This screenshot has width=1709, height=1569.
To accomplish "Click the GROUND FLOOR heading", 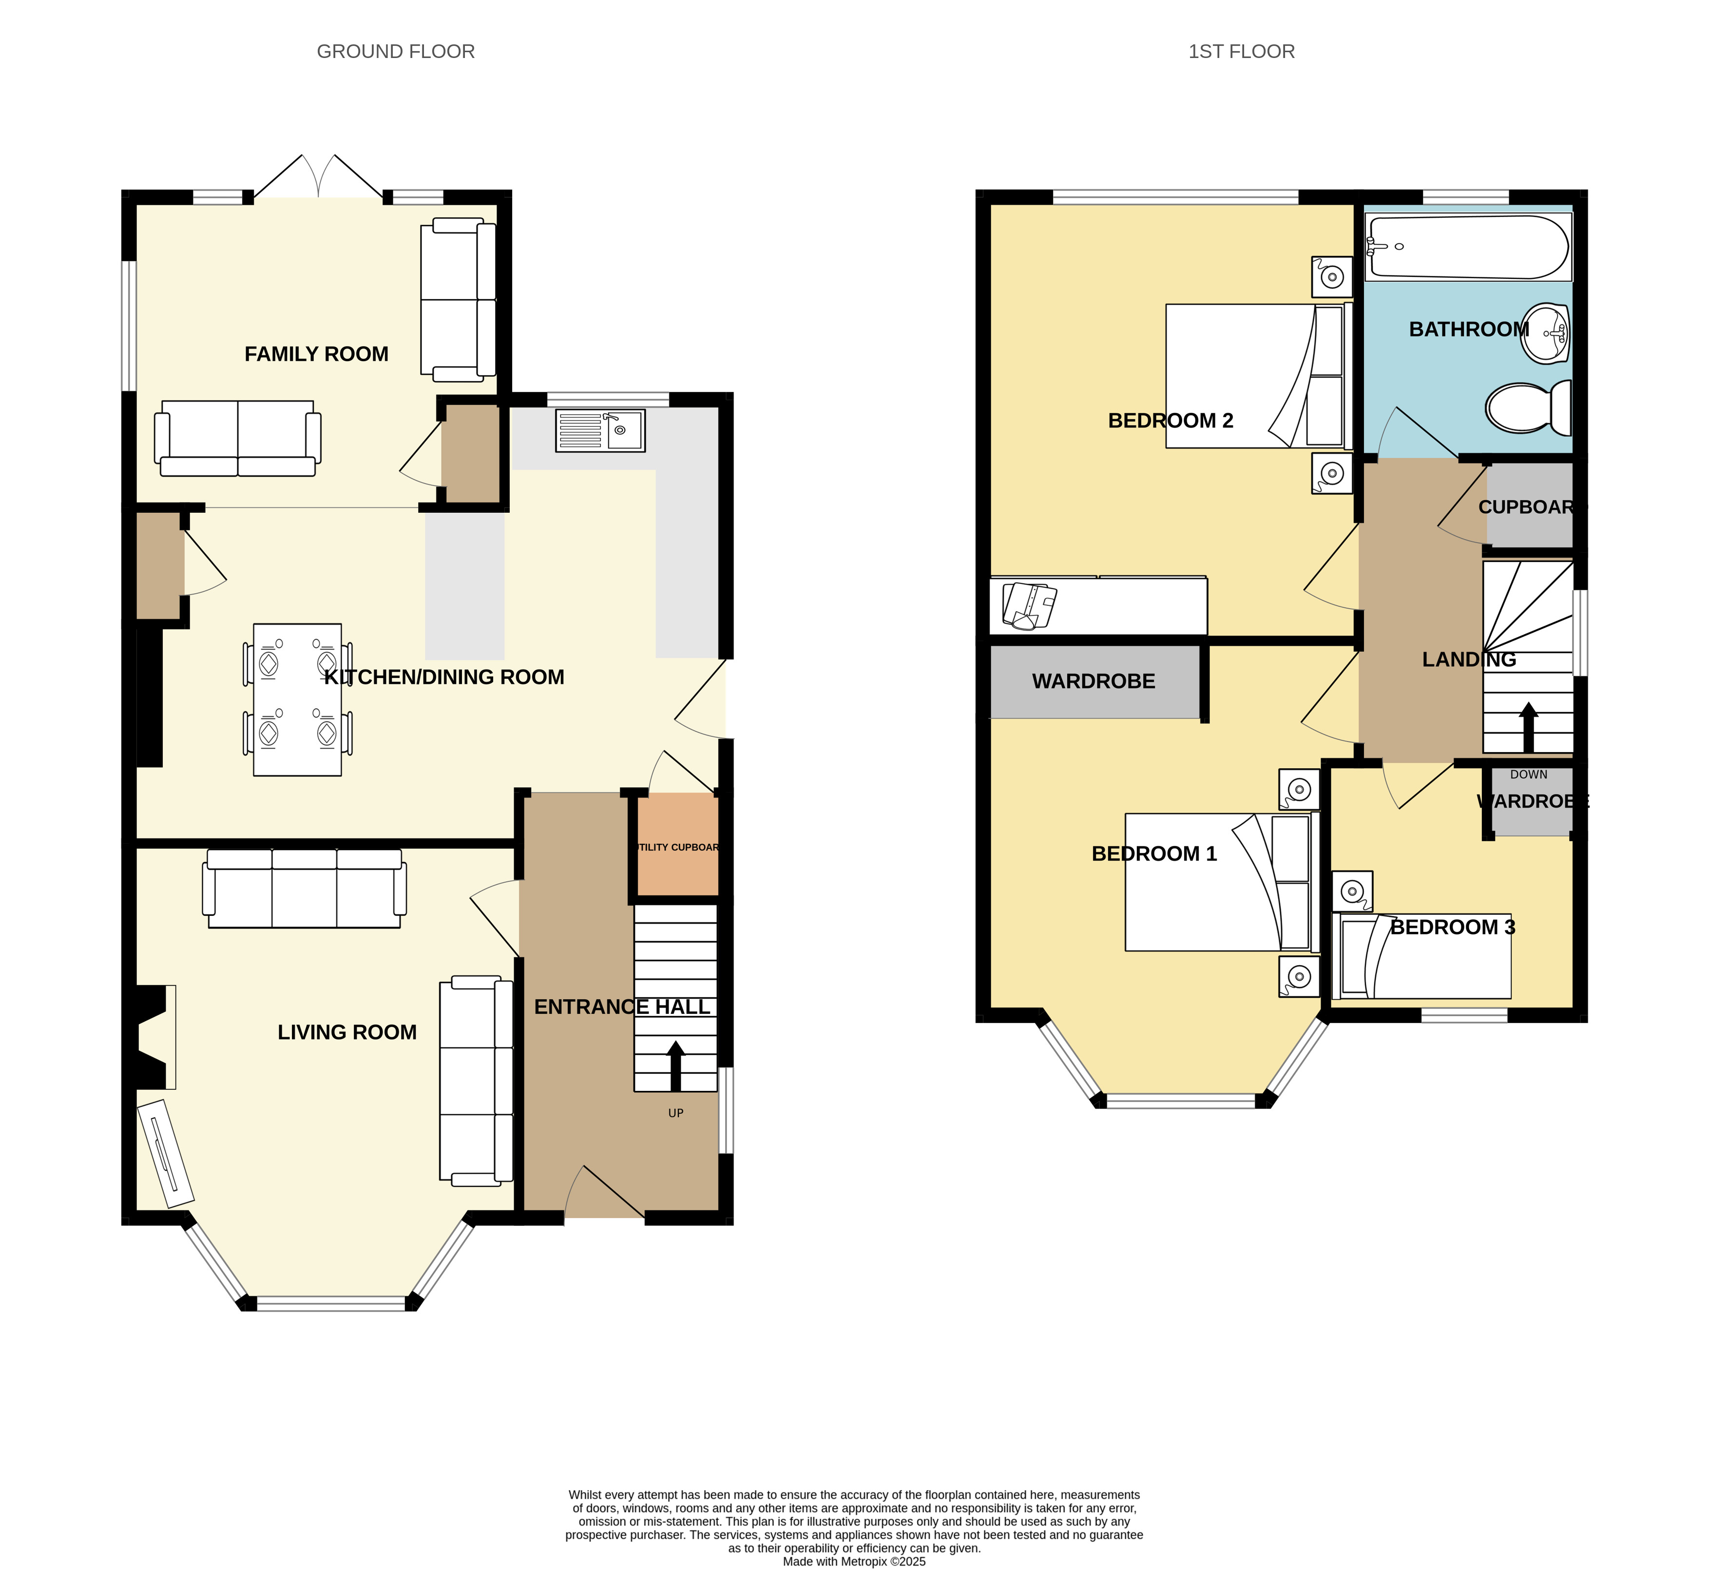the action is [x=396, y=52].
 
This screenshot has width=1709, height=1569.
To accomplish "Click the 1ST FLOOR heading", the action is [x=1241, y=52].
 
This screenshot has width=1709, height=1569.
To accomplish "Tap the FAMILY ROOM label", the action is [x=317, y=354].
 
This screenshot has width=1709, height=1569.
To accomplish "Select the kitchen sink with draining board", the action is [x=600, y=430].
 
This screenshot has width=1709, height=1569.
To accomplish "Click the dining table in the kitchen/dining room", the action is [x=297, y=699].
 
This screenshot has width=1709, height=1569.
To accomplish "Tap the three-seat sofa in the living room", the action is [x=304, y=888].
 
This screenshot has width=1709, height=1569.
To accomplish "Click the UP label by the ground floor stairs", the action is [x=676, y=1113].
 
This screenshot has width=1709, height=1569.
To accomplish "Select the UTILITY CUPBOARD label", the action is [x=677, y=847].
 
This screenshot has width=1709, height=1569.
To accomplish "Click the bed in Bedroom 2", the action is [x=1259, y=376].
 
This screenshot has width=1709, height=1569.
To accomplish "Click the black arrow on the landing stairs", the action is [x=1528, y=728].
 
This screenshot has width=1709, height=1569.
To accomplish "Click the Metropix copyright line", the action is [x=854, y=1561].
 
